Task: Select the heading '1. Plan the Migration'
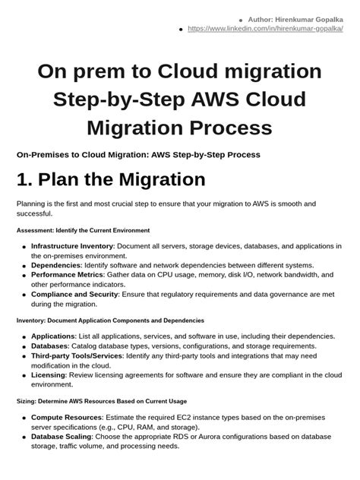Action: [x=111, y=179]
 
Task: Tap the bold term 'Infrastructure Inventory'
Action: [x=72, y=246]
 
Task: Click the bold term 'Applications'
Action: [x=53, y=336]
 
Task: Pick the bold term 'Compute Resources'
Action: [x=67, y=417]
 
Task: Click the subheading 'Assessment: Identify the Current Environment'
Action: [x=83, y=229]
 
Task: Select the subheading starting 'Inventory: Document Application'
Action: [x=99, y=321]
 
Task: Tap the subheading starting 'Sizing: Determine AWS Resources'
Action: [x=101, y=401]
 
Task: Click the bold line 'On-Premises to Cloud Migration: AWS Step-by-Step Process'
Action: [x=138, y=154]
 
